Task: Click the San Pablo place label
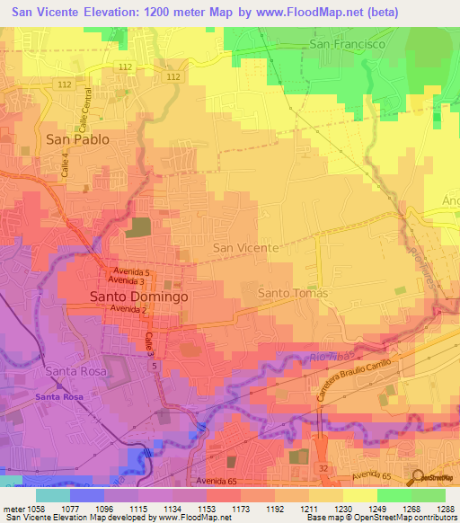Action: (77, 139)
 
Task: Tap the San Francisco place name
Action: (347, 43)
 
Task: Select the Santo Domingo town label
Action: (138, 296)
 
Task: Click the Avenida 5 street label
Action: (136, 272)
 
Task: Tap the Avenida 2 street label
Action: (128, 309)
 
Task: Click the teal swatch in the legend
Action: (53, 495)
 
